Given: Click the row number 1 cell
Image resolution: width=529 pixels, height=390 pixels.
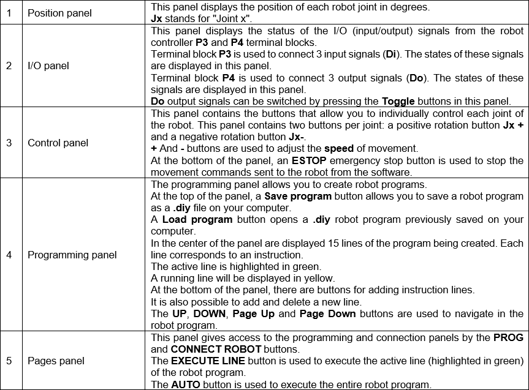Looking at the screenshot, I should pyautogui.click(x=9, y=13).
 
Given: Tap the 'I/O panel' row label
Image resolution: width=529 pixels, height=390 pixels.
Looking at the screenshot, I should pyautogui.click(x=48, y=66).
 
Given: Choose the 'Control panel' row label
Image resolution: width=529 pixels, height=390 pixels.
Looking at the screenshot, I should pyautogui.click(x=58, y=143).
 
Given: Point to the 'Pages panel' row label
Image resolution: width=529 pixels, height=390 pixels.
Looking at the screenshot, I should pyautogui.click(x=54, y=361).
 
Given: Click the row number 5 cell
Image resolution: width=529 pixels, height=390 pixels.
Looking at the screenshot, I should pyautogui.click(x=9, y=361).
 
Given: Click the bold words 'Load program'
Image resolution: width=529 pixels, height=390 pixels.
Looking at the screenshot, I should pyautogui.click(x=197, y=219).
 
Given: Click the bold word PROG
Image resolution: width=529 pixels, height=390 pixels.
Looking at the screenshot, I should pyautogui.click(x=508, y=337).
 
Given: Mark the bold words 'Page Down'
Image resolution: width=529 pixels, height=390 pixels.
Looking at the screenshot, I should pyautogui.click(x=328, y=314).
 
